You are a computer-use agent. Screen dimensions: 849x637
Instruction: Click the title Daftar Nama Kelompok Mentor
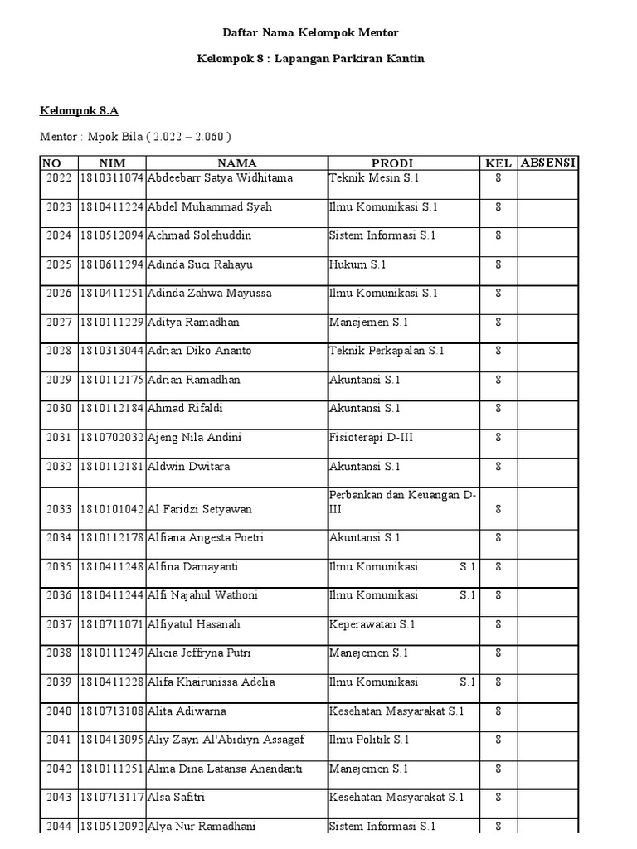[x=310, y=32]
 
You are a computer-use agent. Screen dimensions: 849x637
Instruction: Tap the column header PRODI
[x=392, y=163]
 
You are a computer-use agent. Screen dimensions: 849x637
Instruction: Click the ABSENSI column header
[x=548, y=163]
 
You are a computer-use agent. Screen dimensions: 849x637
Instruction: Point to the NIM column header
[x=112, y=163]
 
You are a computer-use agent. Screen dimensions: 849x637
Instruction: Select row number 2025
[x=59, y=264]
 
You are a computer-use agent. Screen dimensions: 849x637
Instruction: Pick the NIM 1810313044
[x=112, y=351]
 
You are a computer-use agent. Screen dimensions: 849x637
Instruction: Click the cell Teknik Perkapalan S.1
[x=387, y=351]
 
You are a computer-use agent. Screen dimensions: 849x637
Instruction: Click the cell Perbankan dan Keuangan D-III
[x=402, y=502]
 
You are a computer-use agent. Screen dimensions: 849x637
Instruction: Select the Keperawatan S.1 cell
[x=372, y=624]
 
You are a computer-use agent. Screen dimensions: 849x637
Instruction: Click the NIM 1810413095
[x=112, y=740]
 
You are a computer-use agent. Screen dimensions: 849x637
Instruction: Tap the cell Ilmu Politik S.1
[x=369, y=740]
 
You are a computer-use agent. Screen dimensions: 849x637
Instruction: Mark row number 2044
[x=59, y=826]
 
